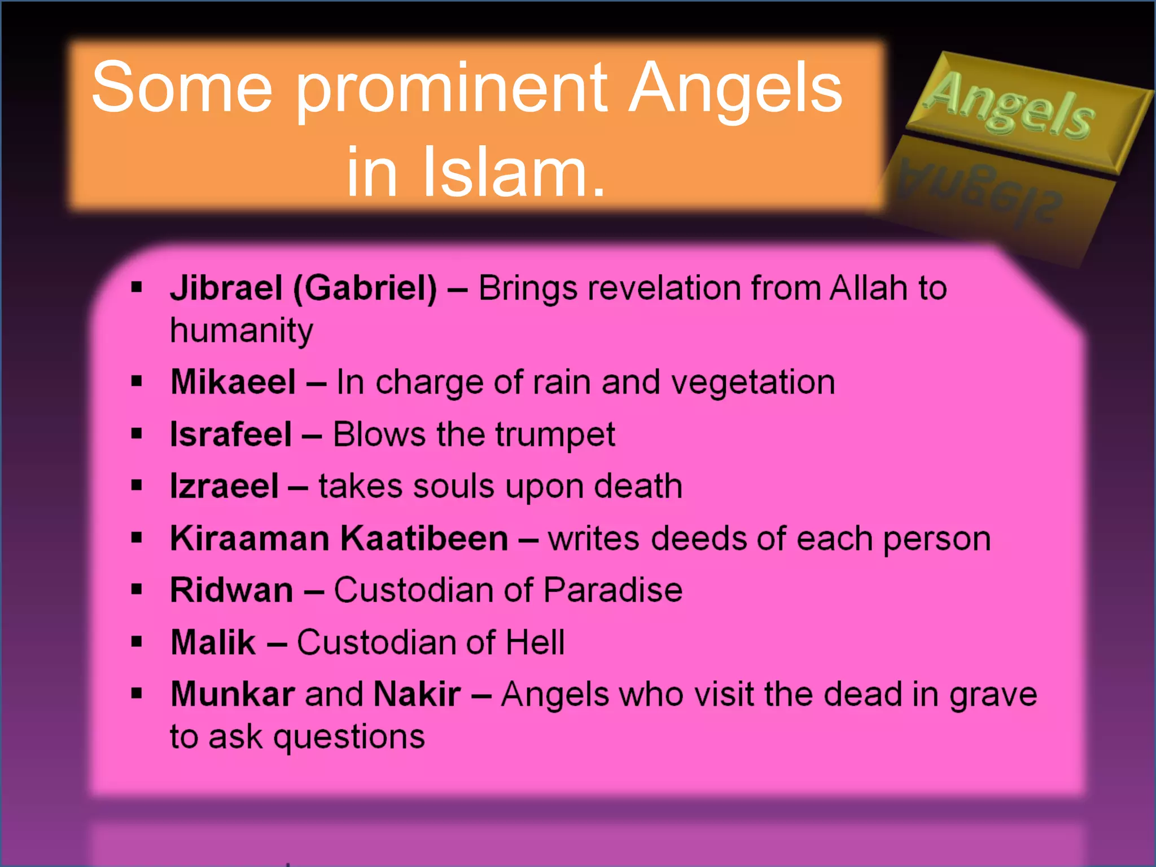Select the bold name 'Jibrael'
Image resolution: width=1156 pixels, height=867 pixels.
coord(226,288)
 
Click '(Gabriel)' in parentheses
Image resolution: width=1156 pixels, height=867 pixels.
coord(365,288)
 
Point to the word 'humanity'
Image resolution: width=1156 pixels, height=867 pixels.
coord(241,331)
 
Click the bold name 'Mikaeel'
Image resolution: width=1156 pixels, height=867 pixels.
coord(233,382)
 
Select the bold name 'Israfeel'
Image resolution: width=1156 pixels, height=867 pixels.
coord(231,435)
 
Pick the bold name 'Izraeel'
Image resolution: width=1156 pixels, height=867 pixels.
coord(224,487)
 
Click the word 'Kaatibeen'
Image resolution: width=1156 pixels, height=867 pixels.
coord(424,538)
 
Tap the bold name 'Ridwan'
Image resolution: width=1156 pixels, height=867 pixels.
coord(231,590)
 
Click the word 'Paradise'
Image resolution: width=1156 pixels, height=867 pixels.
coord(613,590)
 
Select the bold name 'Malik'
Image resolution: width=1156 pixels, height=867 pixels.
coord(213,642)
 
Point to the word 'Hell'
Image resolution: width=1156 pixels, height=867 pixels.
coord(535,642)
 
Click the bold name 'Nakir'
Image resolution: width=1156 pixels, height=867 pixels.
coord(417,694)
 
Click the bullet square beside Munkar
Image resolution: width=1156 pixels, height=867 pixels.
coord(137,693)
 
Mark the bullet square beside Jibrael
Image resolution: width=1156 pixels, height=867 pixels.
coord(137,287)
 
